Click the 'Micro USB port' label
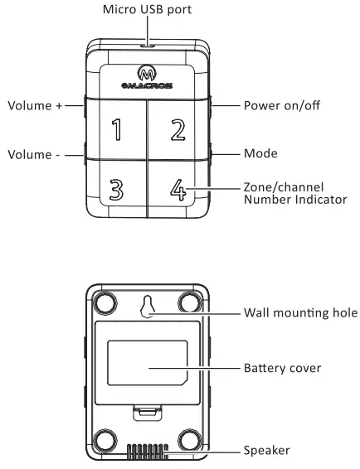[148, 11]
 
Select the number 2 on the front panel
[177, 128]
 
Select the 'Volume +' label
[36, 106]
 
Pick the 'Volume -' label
[34, 155]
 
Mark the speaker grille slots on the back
[147, 452]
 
